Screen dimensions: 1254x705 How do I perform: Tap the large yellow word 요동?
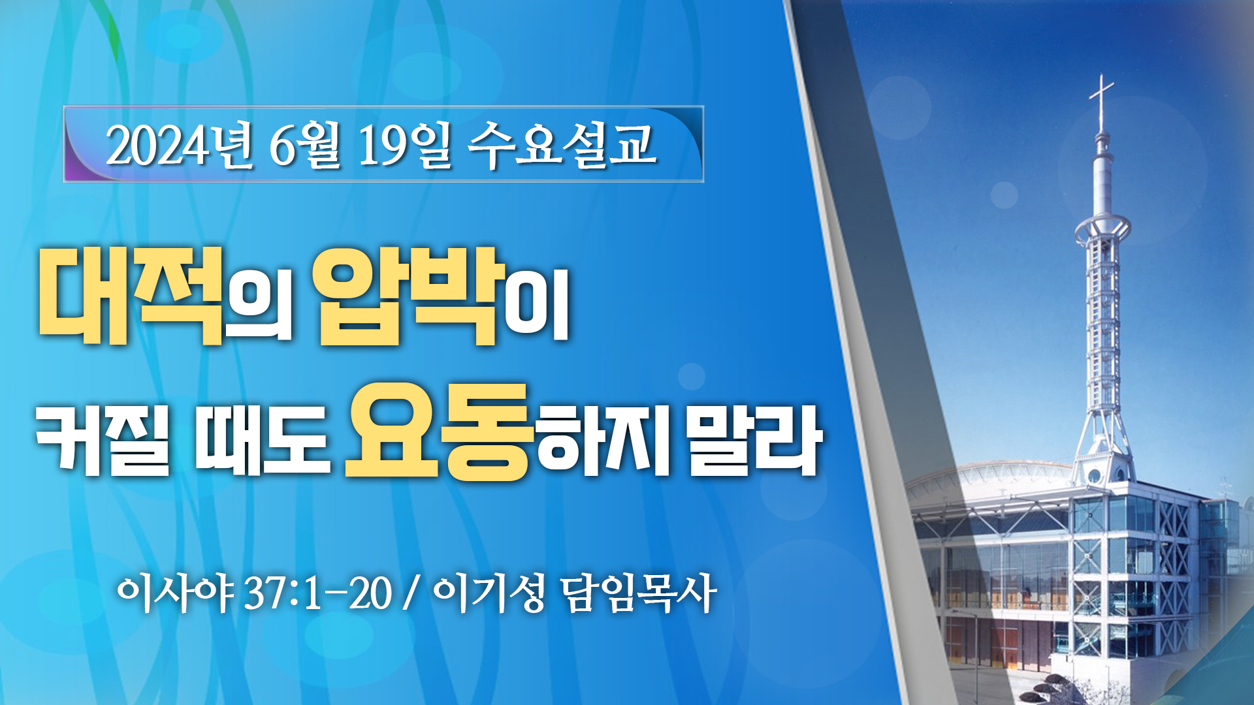[436, 431]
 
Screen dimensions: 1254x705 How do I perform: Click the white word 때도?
[261, 437]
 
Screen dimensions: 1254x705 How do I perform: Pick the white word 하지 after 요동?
[602, 437]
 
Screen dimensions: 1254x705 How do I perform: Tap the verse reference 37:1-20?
[319, 594]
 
